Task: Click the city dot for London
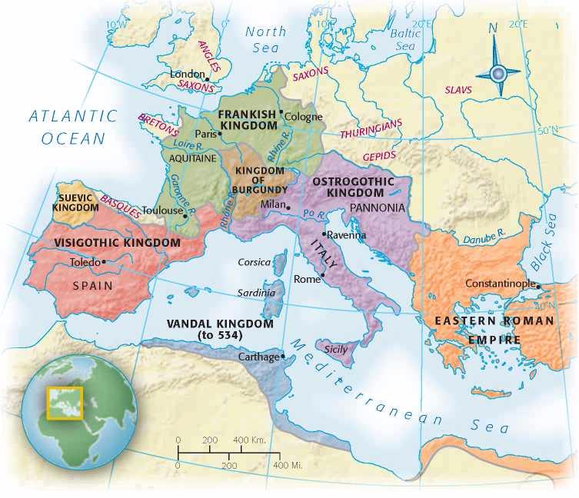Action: [207, 78]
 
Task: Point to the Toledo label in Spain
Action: [85, 262]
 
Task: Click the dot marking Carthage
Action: [283, 356]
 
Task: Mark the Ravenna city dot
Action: [324, 234]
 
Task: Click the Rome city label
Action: [307, 280]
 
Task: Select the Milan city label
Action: [271, 204]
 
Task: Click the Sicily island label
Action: [335, 350]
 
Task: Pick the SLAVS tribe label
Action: [458, 90]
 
